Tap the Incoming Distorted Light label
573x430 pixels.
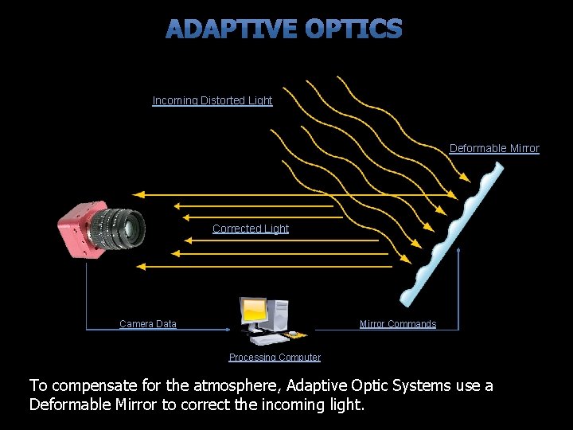212,100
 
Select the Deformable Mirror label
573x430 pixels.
494,148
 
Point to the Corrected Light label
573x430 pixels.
251,229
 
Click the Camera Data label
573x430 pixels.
148,324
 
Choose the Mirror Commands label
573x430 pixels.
398,324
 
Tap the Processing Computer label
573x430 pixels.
275,358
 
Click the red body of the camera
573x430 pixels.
75,230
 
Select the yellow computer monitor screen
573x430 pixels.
254,310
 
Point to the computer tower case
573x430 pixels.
278,315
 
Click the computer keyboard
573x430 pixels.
269,340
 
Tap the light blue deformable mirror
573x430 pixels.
452,234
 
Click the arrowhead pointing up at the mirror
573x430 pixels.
458,250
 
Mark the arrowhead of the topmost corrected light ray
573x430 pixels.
138,195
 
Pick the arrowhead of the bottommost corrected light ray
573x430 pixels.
141,267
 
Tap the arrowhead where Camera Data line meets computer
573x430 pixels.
228,330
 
